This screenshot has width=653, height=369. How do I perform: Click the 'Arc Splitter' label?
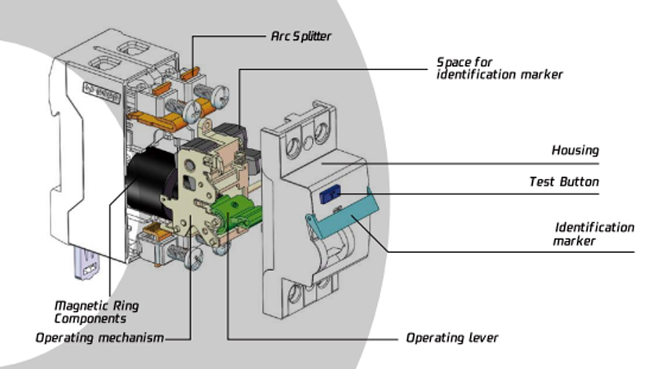300,37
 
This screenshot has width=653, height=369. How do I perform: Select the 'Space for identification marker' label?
499,68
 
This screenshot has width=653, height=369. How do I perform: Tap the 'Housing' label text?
575,150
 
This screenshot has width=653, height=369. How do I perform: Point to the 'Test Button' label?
564,182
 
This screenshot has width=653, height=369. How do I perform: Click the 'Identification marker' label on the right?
593,233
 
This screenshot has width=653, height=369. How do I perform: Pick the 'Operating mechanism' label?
100,337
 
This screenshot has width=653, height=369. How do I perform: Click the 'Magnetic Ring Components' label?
96,312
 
